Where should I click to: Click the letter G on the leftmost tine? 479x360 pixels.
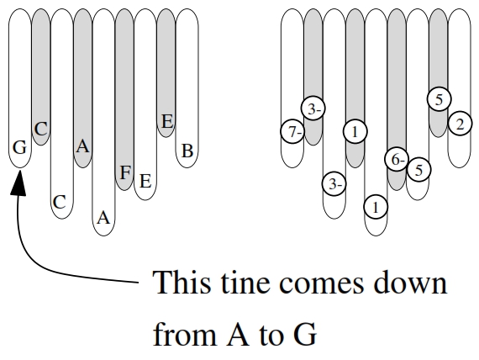click(x=20, y=148)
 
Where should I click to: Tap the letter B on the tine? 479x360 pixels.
click(x=187, y=151)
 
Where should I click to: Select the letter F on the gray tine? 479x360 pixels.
click(x=125, y=172)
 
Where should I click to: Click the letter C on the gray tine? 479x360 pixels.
click(x=41, y=129)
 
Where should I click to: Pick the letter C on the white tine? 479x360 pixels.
click(x=60, y=202)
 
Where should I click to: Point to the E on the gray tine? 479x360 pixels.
click(x=167, y=121)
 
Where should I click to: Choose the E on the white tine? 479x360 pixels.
click(x=145, y=181)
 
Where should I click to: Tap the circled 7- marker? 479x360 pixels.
click(x=292, y=131)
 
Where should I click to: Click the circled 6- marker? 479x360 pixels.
click(x=397, y=159)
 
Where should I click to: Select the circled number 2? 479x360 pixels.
click(x=460, y=124)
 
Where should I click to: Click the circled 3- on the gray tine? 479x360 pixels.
click(x=313, y=109)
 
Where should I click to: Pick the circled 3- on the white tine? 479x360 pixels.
click(x=334, y=183)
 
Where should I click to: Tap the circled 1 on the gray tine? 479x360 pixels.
click(x=355, y=131)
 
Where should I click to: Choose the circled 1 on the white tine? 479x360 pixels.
click(x=376, y=207)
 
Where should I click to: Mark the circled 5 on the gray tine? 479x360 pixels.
click(x=439, y=99)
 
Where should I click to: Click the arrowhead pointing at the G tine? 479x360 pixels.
click(x=19, y=183)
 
